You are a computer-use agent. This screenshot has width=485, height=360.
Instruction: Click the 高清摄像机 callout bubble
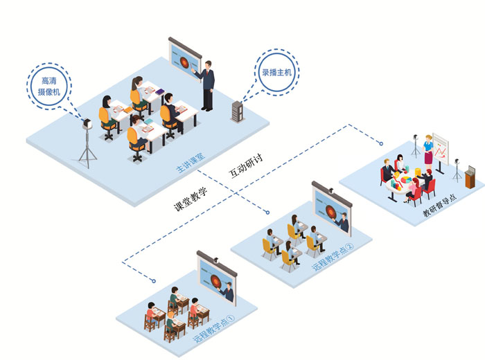[x=49, y=87]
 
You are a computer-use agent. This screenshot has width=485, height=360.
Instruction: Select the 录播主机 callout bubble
[x=276, y=72]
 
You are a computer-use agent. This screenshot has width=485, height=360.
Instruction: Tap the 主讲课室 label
[x=191, y=162]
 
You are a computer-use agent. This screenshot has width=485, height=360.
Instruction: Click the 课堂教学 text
[x=191, y=199]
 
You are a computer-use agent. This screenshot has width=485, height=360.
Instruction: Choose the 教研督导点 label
[x=439, y=205]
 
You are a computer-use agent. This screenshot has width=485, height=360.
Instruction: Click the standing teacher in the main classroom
[x=206, y=86]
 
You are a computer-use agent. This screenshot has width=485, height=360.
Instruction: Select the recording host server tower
[x=238, y=111]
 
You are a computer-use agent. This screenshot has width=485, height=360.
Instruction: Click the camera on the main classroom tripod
[x=87, y=124]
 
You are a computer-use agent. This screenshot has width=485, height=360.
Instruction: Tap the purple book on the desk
[x=160, y=92]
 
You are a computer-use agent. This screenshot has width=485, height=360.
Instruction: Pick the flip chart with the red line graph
[x=441, y=150]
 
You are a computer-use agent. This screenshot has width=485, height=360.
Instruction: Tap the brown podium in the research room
[x=470, y=177]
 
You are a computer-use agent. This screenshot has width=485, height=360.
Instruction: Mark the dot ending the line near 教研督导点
[x=381, y=144]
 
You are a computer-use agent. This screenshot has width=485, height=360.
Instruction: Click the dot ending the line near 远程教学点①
[x=154, y=281]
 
